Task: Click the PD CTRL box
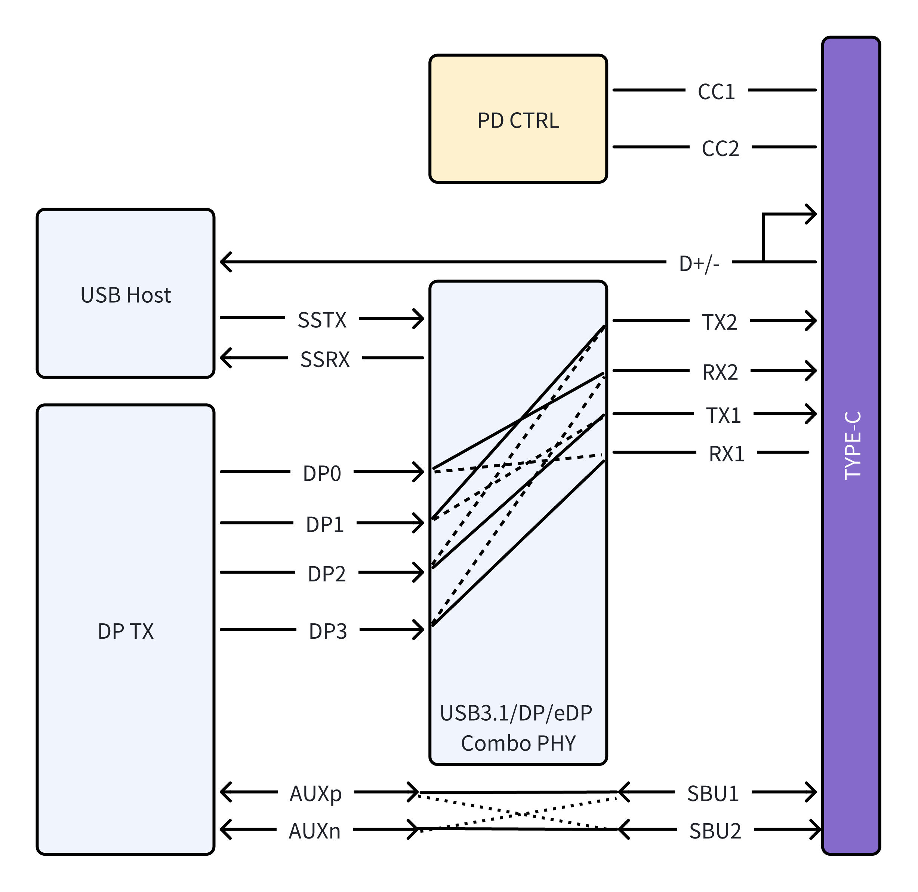(x=518, y=119)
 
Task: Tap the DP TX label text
(x=126, y=631)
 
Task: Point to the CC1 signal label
(x=716, y=91)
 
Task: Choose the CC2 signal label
(x=720, y=149)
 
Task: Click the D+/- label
(x=699, y=264)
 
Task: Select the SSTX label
(x=322, y=320)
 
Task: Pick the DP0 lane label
(x=322, y=473)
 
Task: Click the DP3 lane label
(x=328, y=631)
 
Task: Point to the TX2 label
(x=720, y=323)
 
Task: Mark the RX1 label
(x=726, y=454)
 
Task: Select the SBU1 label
(x=713, y=794)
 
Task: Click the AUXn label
(x=314, y=831)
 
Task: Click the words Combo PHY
(x=518, y=743)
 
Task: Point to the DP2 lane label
(x=326, y=574)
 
